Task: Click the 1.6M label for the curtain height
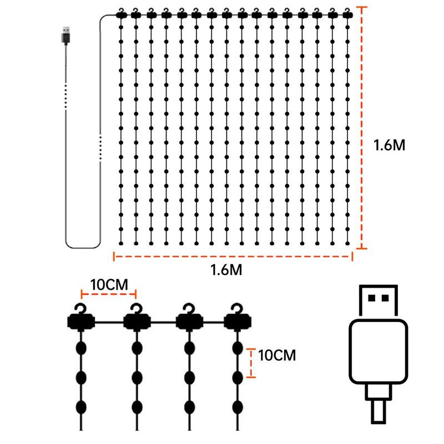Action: tap(390, 145)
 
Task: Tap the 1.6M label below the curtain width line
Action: tap(226, 270)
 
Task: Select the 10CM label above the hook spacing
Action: tap(109, 284)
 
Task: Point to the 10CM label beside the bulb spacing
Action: tap(277, 355)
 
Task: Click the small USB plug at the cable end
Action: tap(65, 36)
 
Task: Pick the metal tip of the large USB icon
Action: tap(379, 301)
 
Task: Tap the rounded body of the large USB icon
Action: tap(379, 351)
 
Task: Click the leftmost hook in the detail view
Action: tap(81, 309)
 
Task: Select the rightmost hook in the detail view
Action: tap(237, 309)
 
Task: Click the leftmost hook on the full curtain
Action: tap(121, 11)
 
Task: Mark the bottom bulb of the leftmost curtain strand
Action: tap(121, 243)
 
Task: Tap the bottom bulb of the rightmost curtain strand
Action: tap(347, 243)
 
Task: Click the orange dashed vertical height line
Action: tap(362, 128)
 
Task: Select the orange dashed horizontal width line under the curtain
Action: tap(233, 256)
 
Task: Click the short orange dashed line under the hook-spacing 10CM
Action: tap(109, 294)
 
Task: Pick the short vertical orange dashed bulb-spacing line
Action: tap(251, 363)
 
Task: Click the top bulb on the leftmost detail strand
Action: tap(81, 348)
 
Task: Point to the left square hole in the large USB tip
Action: tap(371, 298)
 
